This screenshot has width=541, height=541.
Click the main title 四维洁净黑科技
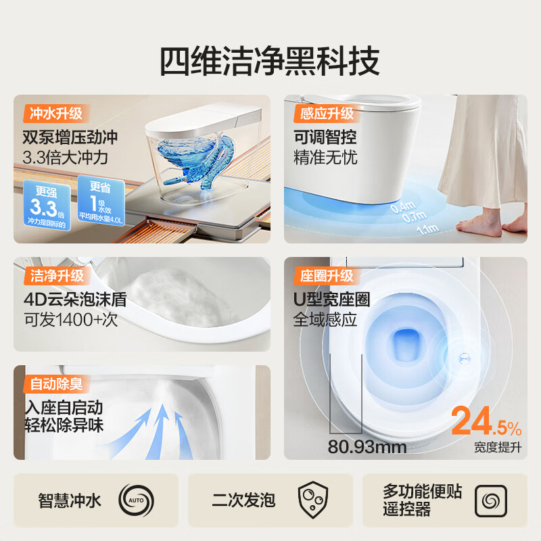(270, 62)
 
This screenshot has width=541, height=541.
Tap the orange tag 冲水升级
(57, 113)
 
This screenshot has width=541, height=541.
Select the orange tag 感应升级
(327, 113)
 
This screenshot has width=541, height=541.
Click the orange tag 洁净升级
(57, 276)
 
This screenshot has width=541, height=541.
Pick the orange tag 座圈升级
(327, 276)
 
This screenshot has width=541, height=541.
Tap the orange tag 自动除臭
(57, 384)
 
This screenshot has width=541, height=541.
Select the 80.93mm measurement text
(367, 446)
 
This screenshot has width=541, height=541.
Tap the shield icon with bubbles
(312, 500)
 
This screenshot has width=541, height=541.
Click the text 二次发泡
(243, 500)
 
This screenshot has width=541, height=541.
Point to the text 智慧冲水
(70, 500)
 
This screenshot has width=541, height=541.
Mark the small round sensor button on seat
(465, 353)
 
